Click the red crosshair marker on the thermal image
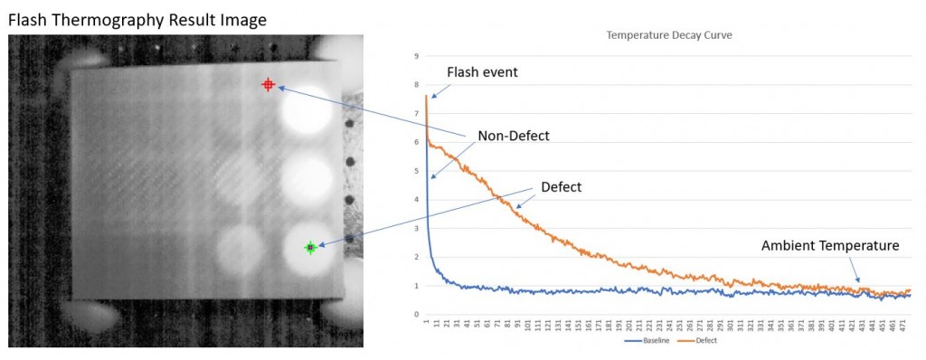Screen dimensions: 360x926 268,84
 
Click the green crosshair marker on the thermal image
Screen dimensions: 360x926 310,247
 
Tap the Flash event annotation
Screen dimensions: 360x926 482,71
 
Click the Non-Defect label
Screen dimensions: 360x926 513,136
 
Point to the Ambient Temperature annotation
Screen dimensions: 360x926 830,245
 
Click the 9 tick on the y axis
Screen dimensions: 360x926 416,56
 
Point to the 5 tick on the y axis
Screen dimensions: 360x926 416,171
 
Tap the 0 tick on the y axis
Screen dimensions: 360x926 416,315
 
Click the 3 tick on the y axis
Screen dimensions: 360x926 416,229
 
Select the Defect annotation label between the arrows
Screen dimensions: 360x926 562,187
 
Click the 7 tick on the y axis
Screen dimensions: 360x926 416,114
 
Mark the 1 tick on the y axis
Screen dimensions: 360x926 416,286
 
